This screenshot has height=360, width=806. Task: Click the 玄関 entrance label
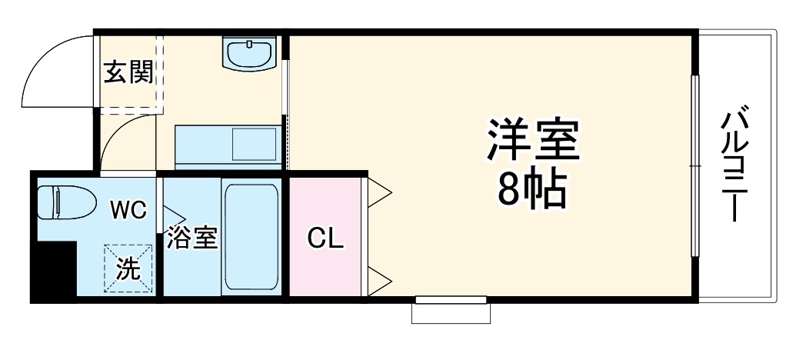pos(128,74)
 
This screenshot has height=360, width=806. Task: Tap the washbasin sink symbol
pos(250,53)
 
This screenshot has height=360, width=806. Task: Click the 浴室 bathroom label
pos(192,238)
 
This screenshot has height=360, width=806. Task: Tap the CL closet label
pos(325,238)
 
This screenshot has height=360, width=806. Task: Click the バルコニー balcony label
pos(735,165)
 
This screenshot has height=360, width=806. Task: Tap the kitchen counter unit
pos(226,145)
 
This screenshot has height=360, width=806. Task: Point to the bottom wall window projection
pos(451,311)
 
